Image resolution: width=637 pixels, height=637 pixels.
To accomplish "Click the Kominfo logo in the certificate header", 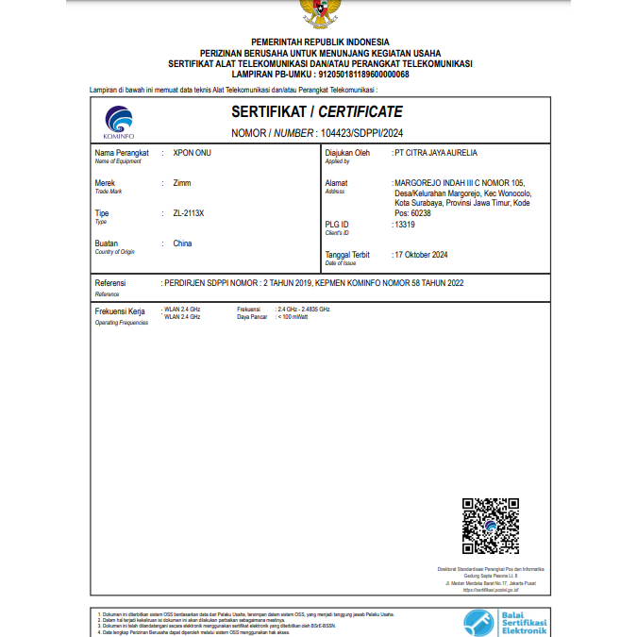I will [x=119, y=122].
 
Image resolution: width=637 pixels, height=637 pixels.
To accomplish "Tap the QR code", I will [x=491, y=527].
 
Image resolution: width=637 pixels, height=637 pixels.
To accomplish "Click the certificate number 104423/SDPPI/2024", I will [x=361, y=133].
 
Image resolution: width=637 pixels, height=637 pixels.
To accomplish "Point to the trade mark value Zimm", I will [x=182, y=182].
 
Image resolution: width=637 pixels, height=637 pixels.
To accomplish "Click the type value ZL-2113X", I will [x=189, y=213].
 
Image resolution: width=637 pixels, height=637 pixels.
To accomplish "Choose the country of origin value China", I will [x=182, y=243].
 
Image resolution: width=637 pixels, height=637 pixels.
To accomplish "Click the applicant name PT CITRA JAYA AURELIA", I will [x=436, y=152].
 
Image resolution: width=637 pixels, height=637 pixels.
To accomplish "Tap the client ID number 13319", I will [x=405, y=225].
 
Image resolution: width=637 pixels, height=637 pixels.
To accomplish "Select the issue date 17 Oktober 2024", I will [x=422, y=255].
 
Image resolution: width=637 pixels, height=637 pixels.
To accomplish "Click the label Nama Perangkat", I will [x=123, y=152].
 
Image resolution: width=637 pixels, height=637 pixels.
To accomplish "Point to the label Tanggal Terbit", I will [x=347, y=255].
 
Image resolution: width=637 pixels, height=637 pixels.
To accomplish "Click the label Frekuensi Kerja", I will [x=120, y=310].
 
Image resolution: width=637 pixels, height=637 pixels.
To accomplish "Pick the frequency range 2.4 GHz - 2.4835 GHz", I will [x=303, y=310].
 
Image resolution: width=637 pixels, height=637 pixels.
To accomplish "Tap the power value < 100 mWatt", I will [x=293, y=317].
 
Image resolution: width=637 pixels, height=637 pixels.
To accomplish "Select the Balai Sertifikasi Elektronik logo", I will [x=505, y=621].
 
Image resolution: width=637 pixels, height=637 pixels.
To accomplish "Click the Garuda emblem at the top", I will [x=320, y=12].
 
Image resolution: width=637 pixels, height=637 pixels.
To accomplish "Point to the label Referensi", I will [x=110, y=283].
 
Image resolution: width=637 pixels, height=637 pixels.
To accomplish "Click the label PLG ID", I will [x=337, y=225].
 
